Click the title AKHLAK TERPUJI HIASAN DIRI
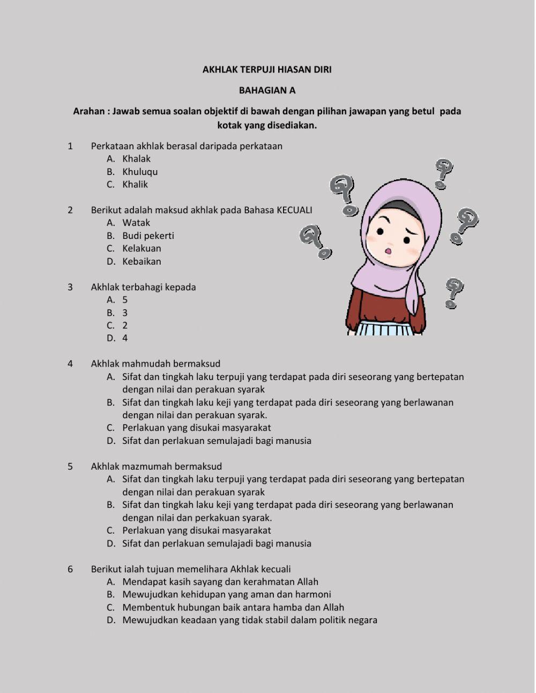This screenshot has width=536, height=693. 267,69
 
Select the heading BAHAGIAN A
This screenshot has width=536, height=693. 267,90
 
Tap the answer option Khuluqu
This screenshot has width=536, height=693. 140,172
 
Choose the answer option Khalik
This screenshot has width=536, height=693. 135,184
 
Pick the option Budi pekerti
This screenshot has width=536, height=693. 148,236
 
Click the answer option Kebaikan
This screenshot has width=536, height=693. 142,261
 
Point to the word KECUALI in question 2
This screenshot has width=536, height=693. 294,210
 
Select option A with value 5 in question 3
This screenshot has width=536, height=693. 124,300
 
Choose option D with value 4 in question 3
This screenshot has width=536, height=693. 124,338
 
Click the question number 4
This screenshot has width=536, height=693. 70,364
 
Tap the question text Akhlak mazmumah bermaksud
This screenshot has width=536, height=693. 156,466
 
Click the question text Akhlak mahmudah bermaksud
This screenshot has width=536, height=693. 155,364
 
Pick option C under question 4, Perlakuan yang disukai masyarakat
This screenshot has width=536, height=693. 196,428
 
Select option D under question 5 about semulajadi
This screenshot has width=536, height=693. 217,543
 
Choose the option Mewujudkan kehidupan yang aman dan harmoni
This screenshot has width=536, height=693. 226,594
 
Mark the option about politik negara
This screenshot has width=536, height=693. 249,620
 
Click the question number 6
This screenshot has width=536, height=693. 70,569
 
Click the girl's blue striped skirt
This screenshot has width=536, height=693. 385,329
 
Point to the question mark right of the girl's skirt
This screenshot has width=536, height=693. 453,292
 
